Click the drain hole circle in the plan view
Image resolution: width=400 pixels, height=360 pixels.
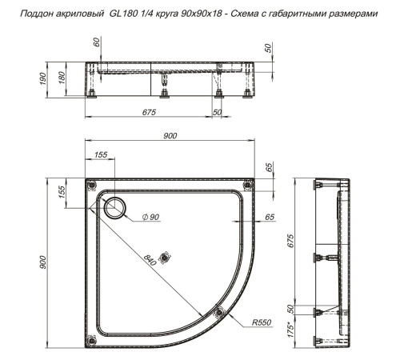114,207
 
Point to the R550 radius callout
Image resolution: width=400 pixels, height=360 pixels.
261,322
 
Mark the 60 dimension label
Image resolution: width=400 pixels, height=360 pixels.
98,44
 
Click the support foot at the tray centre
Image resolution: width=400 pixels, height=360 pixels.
166,257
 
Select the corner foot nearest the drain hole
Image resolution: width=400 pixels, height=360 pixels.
90,186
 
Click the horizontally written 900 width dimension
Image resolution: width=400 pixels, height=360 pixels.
170,136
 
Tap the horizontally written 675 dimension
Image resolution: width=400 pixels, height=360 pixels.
148,112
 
